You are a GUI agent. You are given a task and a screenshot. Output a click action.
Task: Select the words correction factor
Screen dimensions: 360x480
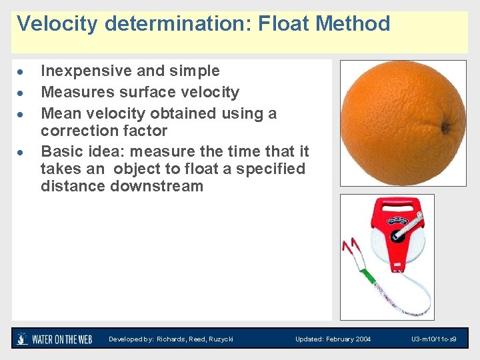point(103,131)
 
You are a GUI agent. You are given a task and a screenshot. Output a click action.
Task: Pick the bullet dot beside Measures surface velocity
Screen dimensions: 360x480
point(21,93)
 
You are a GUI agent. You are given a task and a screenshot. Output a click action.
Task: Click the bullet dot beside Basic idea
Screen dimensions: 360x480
point(21,152)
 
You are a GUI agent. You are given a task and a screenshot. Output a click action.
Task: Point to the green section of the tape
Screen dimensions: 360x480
point(365,274)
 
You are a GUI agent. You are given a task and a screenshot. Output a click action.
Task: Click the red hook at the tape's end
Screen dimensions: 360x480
point(349,250)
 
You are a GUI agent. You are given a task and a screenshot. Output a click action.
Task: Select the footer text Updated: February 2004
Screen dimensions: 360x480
point(333,339)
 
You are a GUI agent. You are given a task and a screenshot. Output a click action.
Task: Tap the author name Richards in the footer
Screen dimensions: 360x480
point(171,339)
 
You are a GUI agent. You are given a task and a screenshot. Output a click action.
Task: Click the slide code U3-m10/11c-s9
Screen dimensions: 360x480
point(433,339)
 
